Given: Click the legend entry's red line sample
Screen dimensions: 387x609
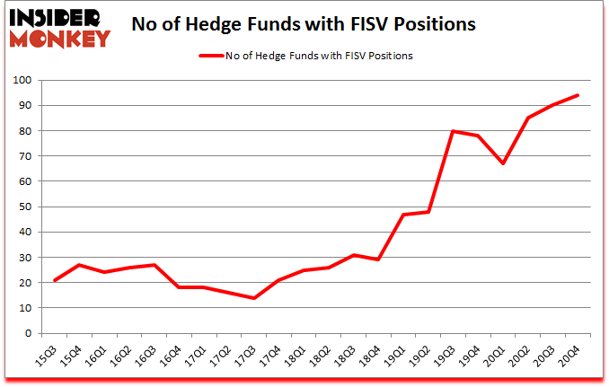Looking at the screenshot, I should [x=216, y=56].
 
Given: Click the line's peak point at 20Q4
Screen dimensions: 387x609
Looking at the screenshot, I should [x=577, y=95].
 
